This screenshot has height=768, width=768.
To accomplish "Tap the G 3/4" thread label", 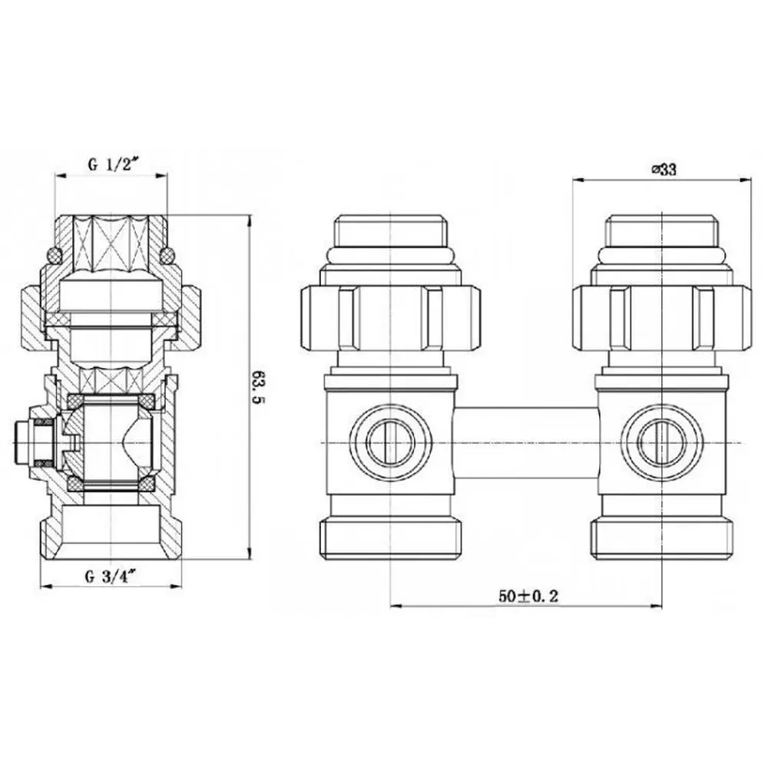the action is [110, 577].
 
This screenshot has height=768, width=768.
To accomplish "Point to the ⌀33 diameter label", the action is [664, 170].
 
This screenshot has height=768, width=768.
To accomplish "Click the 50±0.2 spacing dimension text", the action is [528, 596].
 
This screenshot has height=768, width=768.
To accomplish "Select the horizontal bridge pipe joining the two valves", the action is [527, 442].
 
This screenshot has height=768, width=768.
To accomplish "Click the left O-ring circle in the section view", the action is [53, 254].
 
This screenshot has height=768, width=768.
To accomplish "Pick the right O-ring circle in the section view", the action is [167, 254].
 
